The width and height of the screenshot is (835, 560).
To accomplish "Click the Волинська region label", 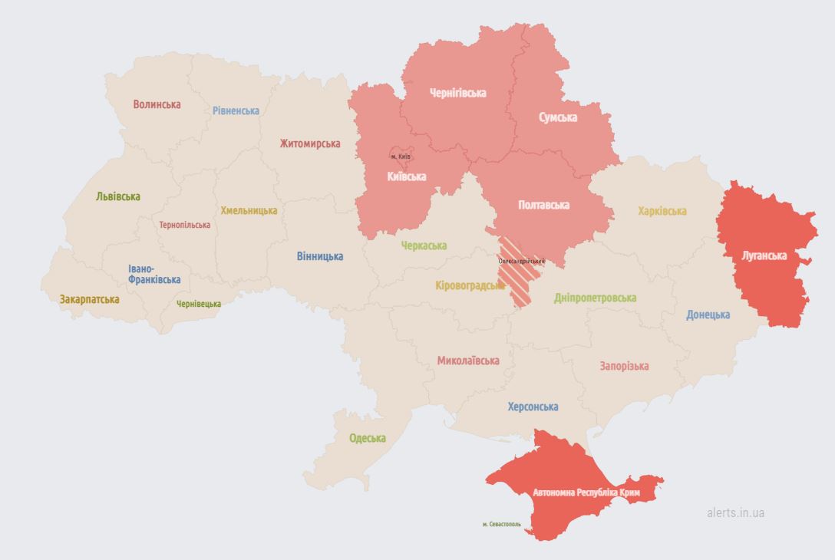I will coord(157,104).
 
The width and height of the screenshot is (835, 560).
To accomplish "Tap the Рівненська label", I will coord(236,110).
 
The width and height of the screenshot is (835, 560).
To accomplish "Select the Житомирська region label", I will coord(309,143).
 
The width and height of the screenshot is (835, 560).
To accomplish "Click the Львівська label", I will coord(118,196).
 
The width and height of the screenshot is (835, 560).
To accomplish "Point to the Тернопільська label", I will coord(184,225).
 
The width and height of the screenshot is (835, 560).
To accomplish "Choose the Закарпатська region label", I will coord(89,299).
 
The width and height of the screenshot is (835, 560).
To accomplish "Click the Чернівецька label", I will coord(199,304).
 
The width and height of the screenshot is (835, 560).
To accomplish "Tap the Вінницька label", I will coord(320,256).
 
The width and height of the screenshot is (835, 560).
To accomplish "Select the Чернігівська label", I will coord(457,93).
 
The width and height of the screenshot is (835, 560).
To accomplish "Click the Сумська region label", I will coord(558,117).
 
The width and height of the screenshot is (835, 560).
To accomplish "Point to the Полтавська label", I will coord(543,205).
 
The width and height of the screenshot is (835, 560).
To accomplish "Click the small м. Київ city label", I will coord(400,156).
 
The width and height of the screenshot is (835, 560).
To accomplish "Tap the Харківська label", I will coord(662,211).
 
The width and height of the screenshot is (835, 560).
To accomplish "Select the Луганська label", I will coord(764,255).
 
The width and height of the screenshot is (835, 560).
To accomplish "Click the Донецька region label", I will coord(708,315).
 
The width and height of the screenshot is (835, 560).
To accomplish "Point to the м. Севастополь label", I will coord(501,525).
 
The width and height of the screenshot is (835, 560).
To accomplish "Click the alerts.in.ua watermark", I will coord(735,512).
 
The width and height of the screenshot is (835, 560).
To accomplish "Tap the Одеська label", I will coord(368,438).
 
